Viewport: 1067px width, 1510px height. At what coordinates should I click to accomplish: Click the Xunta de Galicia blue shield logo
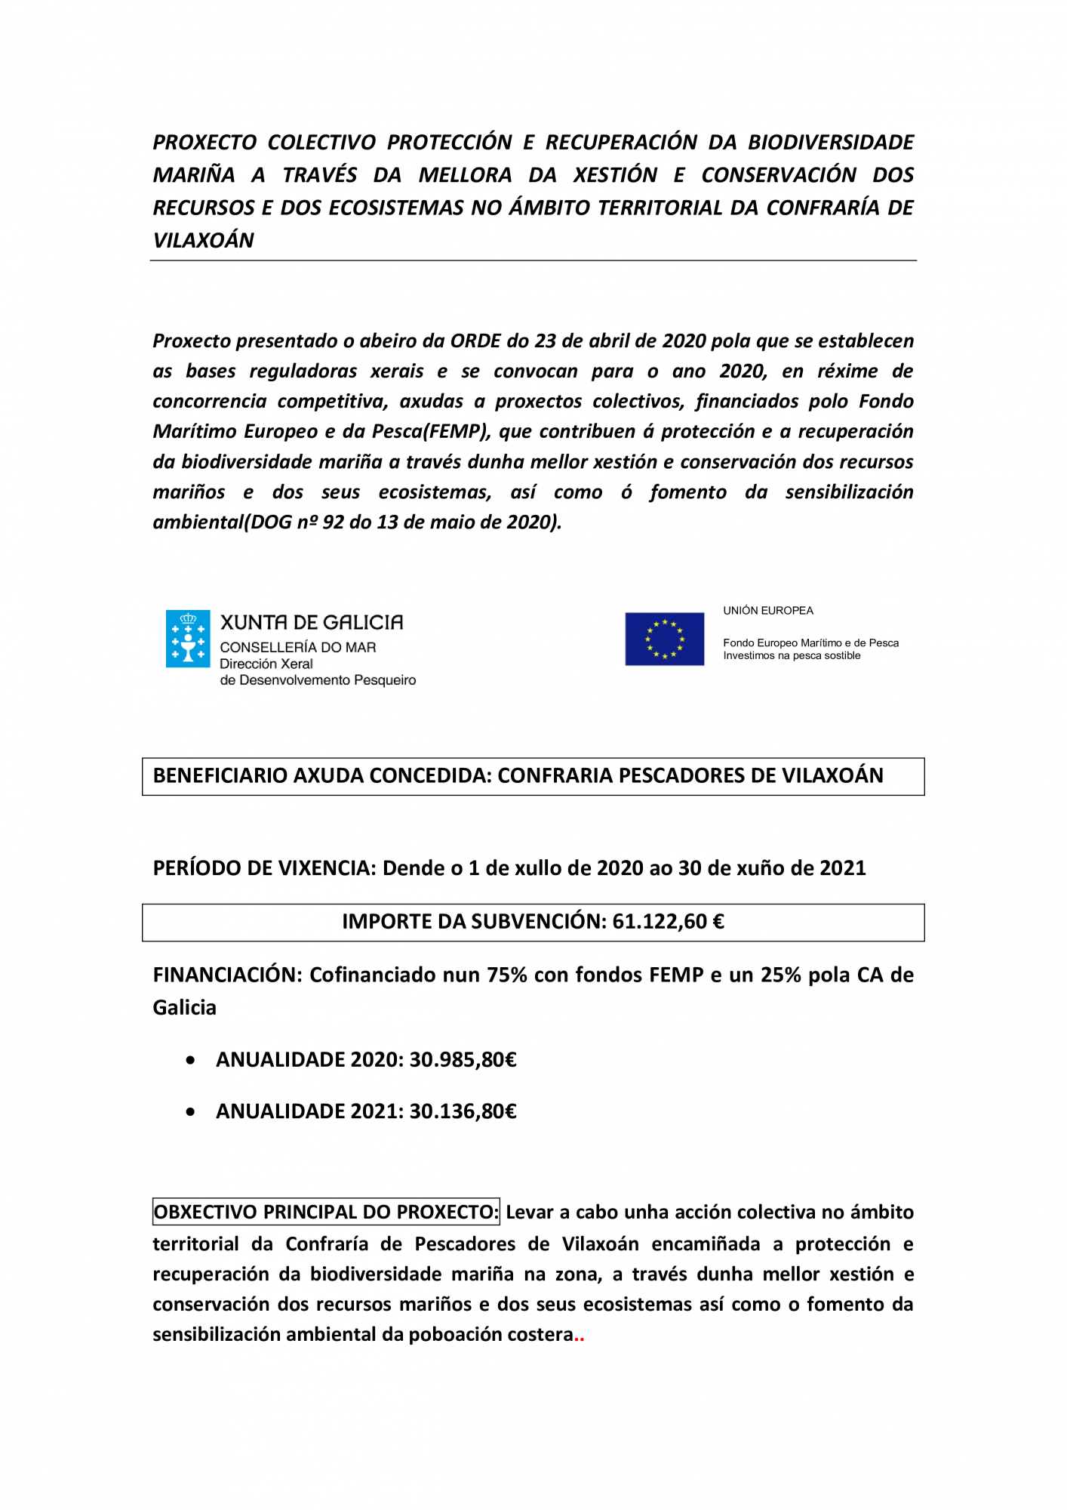coord(188,639)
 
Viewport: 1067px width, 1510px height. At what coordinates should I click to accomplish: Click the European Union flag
coord(664,639)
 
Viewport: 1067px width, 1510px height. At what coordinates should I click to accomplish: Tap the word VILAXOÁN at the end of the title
coord(204,240)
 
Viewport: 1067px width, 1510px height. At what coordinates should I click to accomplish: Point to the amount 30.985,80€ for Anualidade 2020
coord(463,1060)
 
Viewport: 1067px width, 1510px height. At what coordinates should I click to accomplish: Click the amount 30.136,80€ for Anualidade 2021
coord(463,1111)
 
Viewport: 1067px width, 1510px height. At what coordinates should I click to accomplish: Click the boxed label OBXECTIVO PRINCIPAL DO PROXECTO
coord(325,1212)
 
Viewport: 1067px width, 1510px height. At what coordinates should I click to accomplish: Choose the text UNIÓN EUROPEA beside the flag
coord(768,611)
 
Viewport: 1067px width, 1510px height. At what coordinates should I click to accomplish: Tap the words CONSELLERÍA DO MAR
coord(297,647)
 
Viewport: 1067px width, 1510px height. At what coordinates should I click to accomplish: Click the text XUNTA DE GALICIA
coord(311,622)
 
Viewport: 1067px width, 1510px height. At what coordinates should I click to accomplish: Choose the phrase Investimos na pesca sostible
coord(792,655)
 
